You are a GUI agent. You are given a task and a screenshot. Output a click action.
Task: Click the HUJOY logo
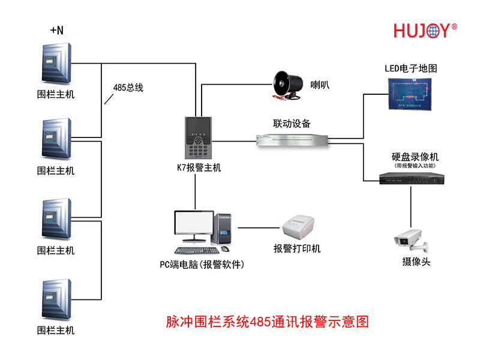[x=425, y=31]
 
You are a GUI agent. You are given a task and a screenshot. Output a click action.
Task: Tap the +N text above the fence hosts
[x=56, y=29]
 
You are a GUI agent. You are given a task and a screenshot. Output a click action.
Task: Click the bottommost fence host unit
[x=57, y=298]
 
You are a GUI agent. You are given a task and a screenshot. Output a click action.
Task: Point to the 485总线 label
[x=128, y=87]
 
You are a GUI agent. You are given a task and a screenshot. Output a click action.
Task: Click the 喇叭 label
[x=319, y=85]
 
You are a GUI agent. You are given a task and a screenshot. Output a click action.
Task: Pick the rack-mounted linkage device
[x=292, y=140]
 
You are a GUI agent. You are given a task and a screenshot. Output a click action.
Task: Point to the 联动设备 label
[x=292, y=124]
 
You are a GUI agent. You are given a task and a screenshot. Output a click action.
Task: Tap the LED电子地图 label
[x=410, y=68]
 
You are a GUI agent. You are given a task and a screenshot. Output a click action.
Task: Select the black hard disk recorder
[x=410, y=177]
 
